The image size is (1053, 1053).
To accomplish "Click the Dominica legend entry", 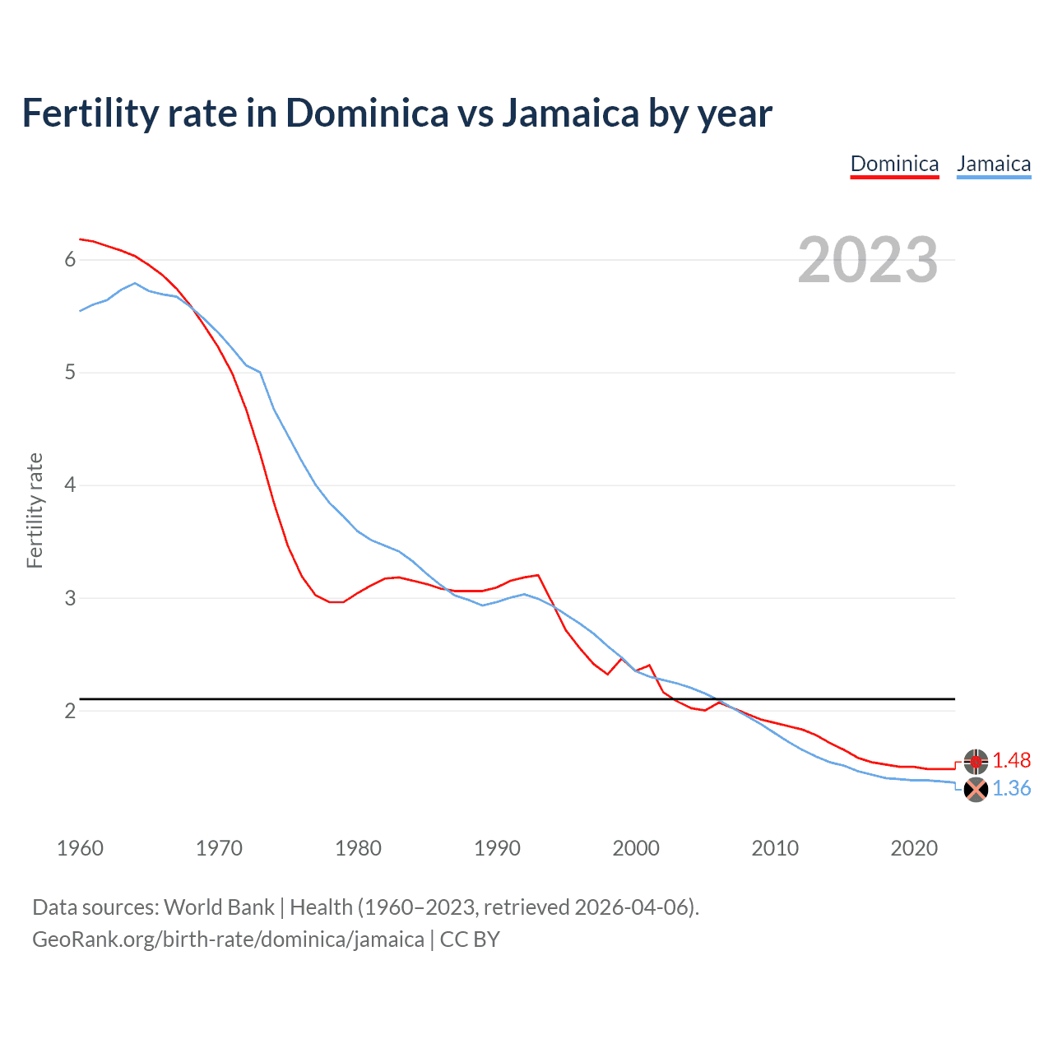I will point(894,164).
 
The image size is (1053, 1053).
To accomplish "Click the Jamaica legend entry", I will point(994,164).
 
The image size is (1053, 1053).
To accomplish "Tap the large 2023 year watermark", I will point(868,260).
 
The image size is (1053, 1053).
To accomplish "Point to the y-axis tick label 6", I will point(70,260).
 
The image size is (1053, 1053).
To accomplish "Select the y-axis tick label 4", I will point(70,485).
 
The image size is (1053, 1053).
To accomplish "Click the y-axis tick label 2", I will point(70,711).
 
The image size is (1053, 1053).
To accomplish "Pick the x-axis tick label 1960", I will point(80,848).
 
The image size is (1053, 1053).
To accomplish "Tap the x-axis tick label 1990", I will point(497,848).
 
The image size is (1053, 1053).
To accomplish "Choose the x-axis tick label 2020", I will point(914,848).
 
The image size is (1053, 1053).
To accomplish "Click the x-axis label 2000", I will point(636,848).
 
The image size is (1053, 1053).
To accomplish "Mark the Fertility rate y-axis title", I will point(35,510).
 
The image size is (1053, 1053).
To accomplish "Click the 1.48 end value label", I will point(1011,761).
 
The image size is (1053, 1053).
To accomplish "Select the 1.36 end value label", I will point(1011,789).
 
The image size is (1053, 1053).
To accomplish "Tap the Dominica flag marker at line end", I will point(976,762).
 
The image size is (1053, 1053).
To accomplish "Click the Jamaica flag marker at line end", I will point(976,790).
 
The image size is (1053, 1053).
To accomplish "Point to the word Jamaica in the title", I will point(569,113).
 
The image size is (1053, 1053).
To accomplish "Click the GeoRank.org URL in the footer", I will point(228,939).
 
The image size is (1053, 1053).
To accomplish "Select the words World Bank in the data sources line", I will point(219,907).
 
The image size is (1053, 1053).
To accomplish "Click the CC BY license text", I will point(470,939).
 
